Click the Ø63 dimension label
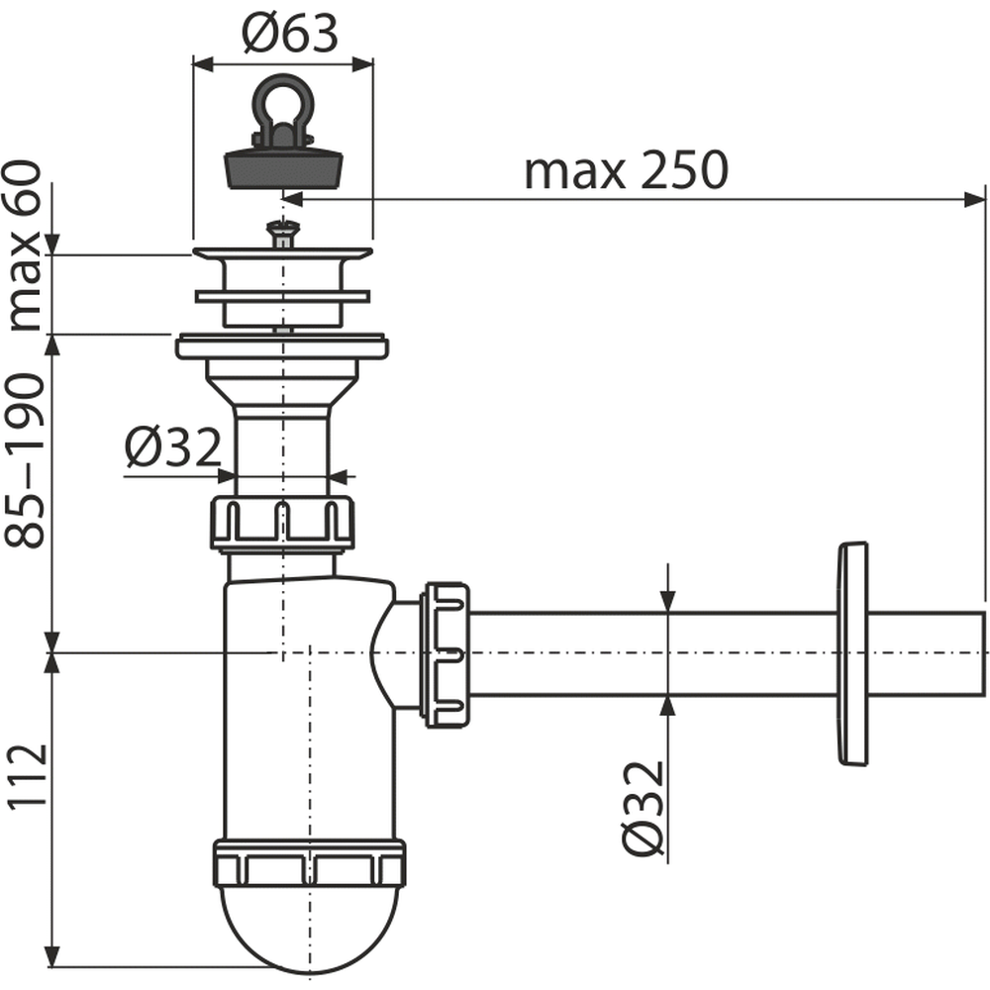(290, 34)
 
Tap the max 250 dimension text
(627, 170)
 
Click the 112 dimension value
(27, 775)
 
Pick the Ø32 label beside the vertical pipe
(173, 447)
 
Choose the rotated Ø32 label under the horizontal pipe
(643, 808)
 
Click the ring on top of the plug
(282, 101)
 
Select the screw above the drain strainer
(283, 233)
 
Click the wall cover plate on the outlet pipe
(852, 653)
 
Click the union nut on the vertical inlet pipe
(281, 523)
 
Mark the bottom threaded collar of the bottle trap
(309, 863)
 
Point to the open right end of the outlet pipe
(984, 653)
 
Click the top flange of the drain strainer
(283, 253)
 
